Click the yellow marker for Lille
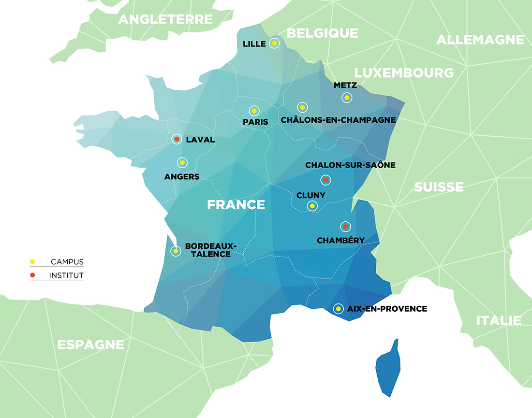coord(274,43)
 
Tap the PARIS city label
coord(255,122)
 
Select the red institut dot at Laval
coord(177,139)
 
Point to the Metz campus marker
coord(346,98)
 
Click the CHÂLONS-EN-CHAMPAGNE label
coord(338,120)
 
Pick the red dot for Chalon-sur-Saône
coord(325,180)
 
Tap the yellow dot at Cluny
coord(312,206)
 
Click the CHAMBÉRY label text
coord(340,240)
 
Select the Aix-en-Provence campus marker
coord(339,308)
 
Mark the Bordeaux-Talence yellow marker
coord(176,251)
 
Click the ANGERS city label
coord(182,177)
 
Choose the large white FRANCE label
coord(236,205)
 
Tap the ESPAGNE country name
coord(90,345)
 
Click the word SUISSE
coord(438,187)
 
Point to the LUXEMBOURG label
coord(404,73)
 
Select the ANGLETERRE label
coord(165,19)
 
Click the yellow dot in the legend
coord(32,262)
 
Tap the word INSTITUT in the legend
coord(66,275)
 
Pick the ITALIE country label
coord(498,320)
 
